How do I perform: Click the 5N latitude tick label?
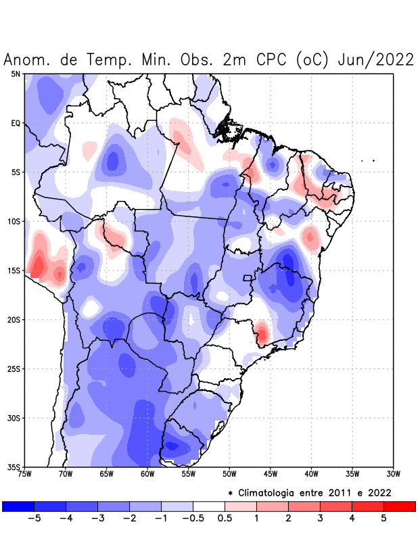[16, 74]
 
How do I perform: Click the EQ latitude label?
[16, 123]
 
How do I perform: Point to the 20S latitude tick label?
[14, 320]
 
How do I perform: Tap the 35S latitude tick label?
[14, 467]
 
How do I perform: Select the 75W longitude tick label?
[25, 474]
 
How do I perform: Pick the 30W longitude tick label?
[393, 474]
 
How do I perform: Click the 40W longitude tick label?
[311, 474]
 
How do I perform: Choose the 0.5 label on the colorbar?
[225, 519]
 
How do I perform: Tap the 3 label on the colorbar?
[320, 519]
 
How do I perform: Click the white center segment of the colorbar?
[209, 507]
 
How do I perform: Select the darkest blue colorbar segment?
[18, 507]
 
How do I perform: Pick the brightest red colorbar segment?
[399, 507]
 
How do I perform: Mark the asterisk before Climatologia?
[230, 492]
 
